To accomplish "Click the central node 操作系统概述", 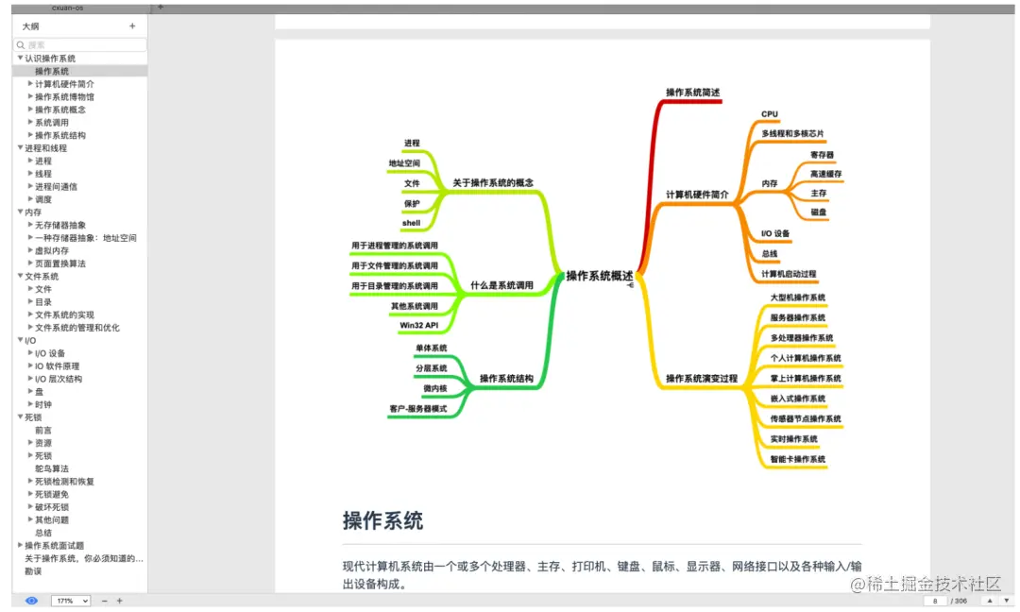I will (x=600, y=276).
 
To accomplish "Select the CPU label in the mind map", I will (x=770, y=114).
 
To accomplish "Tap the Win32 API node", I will (x=418, y=326).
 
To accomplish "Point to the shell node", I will (x=411, y=224).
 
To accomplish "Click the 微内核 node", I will (x=434, y=388).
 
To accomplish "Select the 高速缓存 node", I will (x=825, y=174).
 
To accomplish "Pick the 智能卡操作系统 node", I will (x=798, y=460).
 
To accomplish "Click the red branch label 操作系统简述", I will (x=692, y=93).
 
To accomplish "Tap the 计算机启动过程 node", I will (x=789, y=274).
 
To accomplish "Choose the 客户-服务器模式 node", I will (x=417, y=409).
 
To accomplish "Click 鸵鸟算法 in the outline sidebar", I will (x=52, y=468).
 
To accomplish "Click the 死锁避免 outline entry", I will (x=52, y=494).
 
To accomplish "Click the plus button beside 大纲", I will (x=132, y=26).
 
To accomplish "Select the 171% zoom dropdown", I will (x=71, y=601).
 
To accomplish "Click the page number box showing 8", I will (x=935, y=601).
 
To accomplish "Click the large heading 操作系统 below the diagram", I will (x=382, y=520).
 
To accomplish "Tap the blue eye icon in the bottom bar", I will (x=31, y=601).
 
